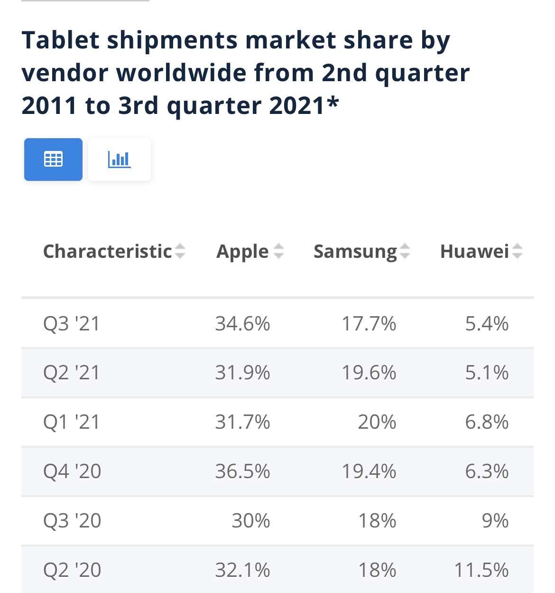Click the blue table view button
[53, 160]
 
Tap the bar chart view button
[120, 160]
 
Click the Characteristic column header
[107, 251]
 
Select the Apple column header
[242, 251]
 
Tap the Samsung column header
[355, 251]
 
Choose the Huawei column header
[474, 251]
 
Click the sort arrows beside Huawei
[517, 251]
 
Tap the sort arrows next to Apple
[278, 251]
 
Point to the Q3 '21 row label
[72, 324]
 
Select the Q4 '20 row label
[72, 471]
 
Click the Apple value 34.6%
[242, 324]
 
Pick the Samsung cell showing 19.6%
[369, 373]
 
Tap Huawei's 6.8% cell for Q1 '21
[487, 422]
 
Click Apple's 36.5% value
[242, 471]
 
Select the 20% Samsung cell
[377, 422]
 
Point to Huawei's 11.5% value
[481, 570]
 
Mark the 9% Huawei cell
[495, 521]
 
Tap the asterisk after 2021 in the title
[333, 102]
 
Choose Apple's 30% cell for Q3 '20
[251, 521]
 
